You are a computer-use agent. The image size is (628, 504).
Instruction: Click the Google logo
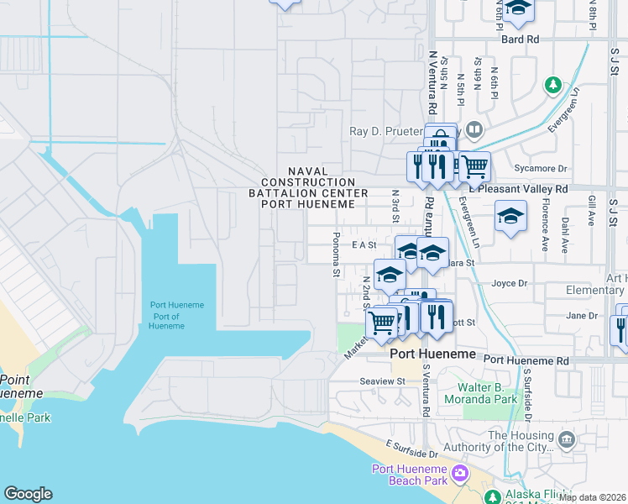click(28, 494)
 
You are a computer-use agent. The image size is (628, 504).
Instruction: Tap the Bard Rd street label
click(520, 39)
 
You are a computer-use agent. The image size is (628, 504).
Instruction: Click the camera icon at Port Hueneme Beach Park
click(459, 474)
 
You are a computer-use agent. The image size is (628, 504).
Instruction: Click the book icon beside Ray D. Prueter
click(474, 130)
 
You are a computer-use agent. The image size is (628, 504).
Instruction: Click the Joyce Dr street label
click(509, 284)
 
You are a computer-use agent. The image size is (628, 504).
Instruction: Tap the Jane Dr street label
click(581, 316)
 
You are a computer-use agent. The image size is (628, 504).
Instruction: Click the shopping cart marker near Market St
click(382, 322)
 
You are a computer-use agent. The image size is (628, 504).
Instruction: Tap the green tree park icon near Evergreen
click(552, 84)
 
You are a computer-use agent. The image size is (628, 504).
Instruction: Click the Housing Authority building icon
click(567, 438)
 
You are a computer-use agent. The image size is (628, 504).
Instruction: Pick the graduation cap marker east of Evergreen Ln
click(510, 217)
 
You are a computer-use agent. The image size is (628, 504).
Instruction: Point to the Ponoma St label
click(336, 255)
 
